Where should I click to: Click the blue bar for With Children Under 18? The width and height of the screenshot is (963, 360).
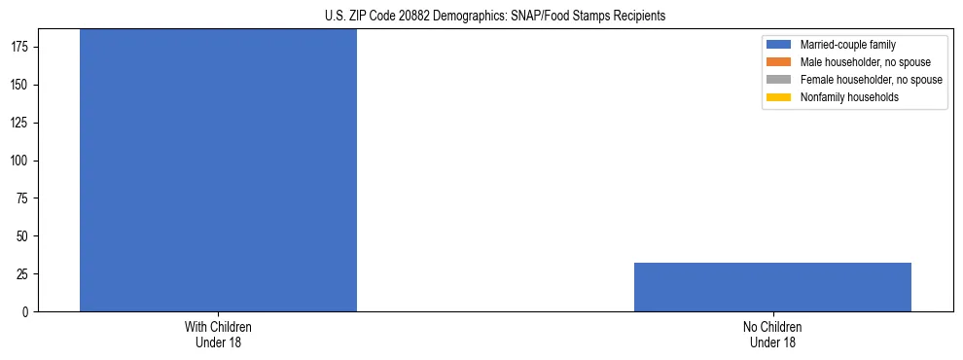point(218,170)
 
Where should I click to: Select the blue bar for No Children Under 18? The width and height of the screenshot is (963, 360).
point(772,287)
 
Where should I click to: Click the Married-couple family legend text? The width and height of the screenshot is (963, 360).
point(847,45)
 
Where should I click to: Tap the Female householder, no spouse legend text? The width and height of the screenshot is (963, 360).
point(871,80)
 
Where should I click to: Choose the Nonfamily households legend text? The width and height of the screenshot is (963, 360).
point(849,97)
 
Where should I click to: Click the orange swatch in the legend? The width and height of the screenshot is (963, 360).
point(779,62)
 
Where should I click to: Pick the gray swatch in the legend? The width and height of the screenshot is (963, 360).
point(779,80)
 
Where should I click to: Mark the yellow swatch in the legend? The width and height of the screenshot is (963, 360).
point(779,97)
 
